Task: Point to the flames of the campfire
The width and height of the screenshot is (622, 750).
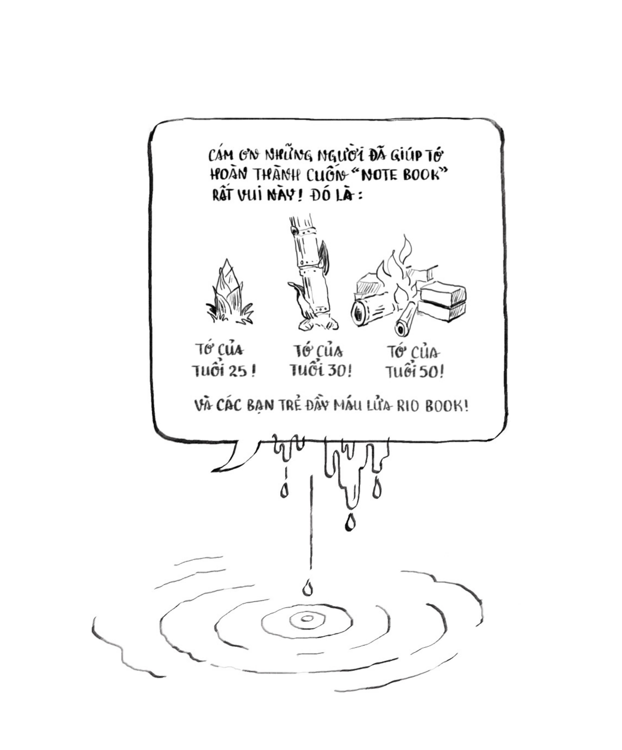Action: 400,275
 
